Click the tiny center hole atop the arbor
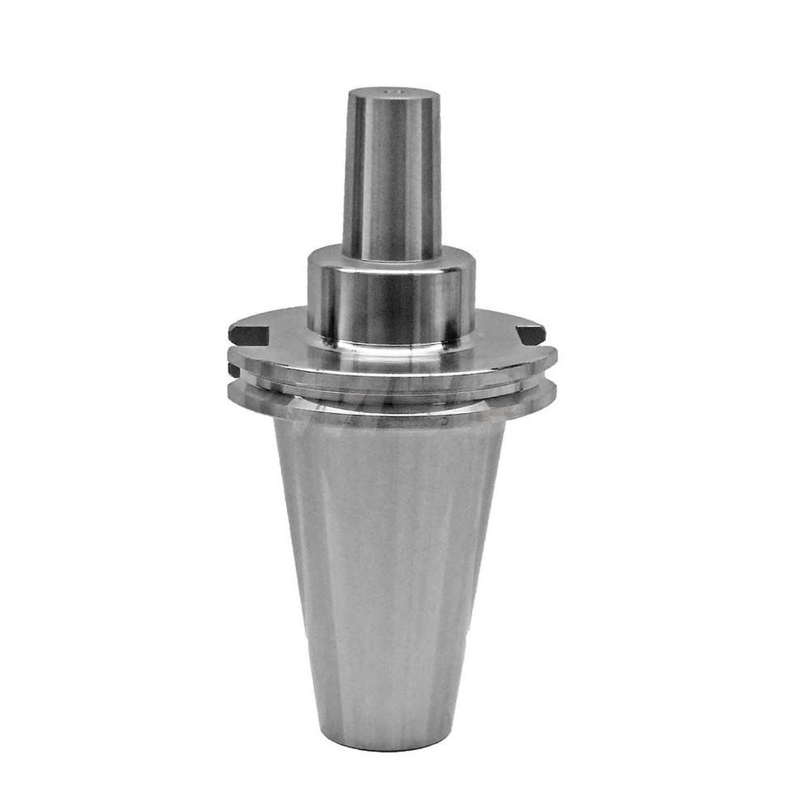point(395,94)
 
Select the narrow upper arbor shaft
point(393,178)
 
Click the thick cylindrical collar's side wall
point(391,304)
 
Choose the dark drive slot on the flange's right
point(531,333)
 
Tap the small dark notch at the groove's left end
point(233,370)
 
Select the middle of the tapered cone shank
point(389,567)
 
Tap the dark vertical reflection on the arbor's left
point(353,178)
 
